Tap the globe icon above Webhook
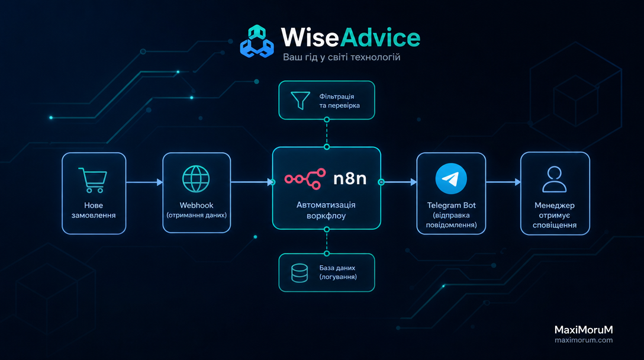coord(196,179)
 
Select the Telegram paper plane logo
coord(451,179)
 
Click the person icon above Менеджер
coord(555,179)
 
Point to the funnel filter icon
coord(300,100)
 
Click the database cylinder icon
coord(300,273)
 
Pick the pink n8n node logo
coord(305,179)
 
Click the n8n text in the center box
coord(350,179)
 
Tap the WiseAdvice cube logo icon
coord(257,41)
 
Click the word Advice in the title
coord(381,38)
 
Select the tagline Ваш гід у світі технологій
coord(342,57)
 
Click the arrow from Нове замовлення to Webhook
coord(144,182)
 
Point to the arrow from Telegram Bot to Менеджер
coord(503,182)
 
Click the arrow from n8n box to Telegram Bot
coord(399,182)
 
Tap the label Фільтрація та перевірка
coord(339,101)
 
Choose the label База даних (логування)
coord(338,272)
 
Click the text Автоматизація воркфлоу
coord(326,210)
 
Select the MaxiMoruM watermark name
coord(584,330)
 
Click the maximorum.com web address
coord(584,340)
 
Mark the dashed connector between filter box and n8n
coord(327,133)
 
